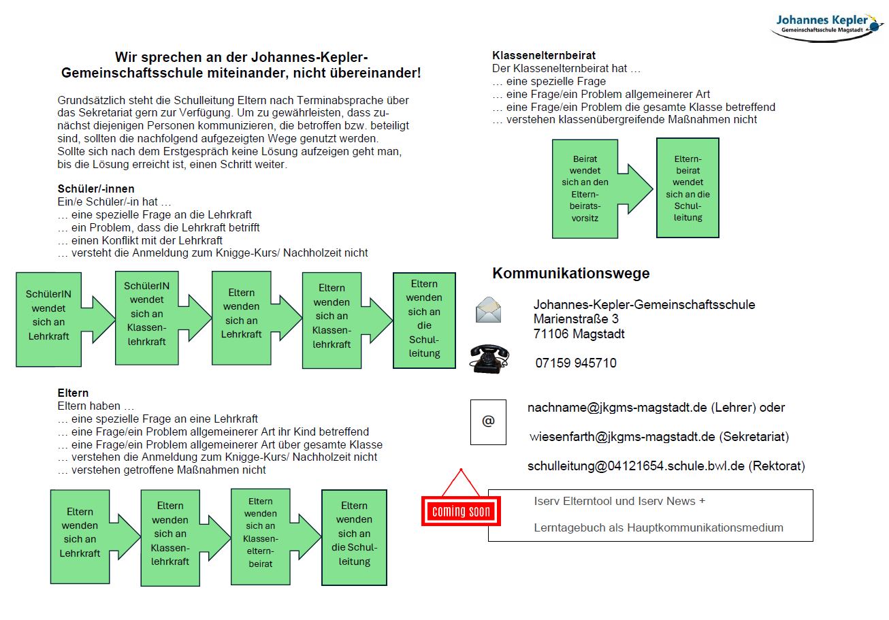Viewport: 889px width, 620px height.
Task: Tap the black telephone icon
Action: click(489, 359)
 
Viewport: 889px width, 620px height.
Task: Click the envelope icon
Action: click(488, 310)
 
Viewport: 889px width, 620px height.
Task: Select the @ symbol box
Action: click(488, 422)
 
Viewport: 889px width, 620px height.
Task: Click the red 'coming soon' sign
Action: click(461, 511)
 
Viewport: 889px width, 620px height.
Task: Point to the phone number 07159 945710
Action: click(575, 363)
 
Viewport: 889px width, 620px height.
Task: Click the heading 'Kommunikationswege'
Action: click(570, 273)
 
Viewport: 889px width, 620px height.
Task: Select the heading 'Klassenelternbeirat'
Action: click(544, 55)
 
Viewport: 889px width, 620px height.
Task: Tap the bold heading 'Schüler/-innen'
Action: click(96, 189)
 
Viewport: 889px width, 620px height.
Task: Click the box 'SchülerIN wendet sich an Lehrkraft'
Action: click(48, 319)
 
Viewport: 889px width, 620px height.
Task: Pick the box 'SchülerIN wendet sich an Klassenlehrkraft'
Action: click(146, 318)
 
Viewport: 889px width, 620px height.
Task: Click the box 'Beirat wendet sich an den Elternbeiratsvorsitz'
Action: click(585, 189)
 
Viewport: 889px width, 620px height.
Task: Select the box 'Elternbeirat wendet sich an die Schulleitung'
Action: click(688, 188)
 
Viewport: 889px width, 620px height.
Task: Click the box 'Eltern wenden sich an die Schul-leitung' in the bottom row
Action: click(354, 538)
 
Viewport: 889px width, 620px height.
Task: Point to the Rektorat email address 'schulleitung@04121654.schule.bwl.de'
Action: click(636, 466)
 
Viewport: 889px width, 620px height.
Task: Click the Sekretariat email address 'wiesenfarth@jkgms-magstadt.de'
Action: click(622, 436)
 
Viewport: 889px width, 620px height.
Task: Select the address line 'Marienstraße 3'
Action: click(575, 319)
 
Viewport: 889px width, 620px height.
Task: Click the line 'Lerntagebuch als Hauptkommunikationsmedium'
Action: click(658, 527)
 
